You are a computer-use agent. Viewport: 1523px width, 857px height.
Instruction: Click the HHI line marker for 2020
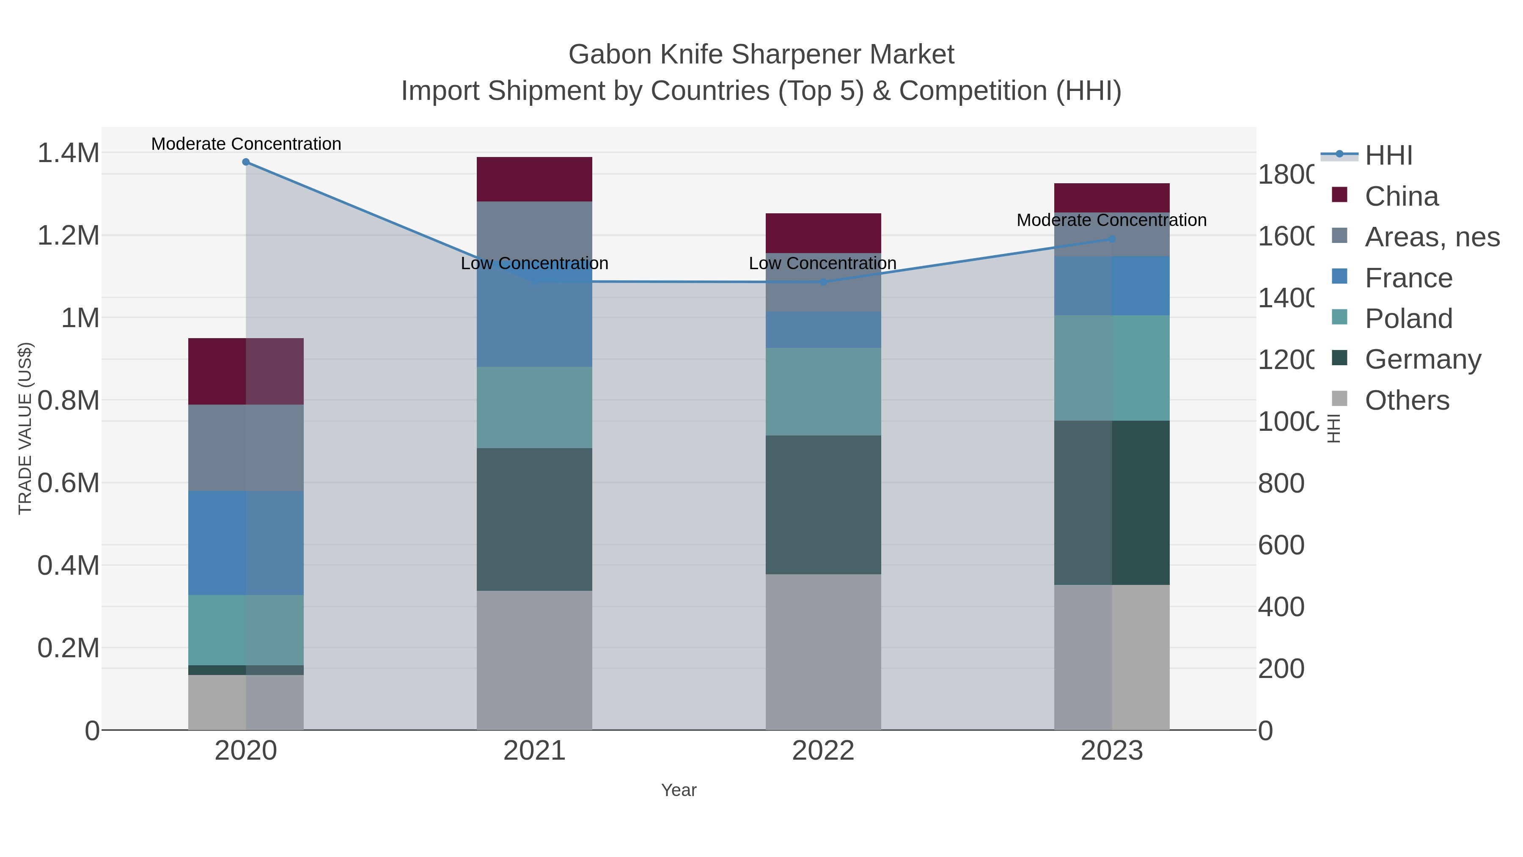246,162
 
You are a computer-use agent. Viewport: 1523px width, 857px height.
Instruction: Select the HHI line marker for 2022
823,282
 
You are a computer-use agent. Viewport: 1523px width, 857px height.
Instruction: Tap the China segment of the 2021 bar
534,179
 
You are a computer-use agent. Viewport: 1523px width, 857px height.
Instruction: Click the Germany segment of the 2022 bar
823,504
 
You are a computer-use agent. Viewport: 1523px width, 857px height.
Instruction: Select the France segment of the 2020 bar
246,543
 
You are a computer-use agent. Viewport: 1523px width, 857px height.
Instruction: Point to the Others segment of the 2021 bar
534,660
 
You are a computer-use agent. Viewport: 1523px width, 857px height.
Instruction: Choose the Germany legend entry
1422,360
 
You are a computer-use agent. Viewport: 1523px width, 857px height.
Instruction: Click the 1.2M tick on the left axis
69,235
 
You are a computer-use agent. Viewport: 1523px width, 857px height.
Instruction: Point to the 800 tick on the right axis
1281,483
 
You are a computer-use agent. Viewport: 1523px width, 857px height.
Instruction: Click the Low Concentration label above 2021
534,263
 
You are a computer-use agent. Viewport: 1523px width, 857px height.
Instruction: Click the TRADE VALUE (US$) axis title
25,428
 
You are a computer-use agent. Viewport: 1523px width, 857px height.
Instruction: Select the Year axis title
679,790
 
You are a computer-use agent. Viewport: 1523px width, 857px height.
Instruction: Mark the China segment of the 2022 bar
823,233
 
